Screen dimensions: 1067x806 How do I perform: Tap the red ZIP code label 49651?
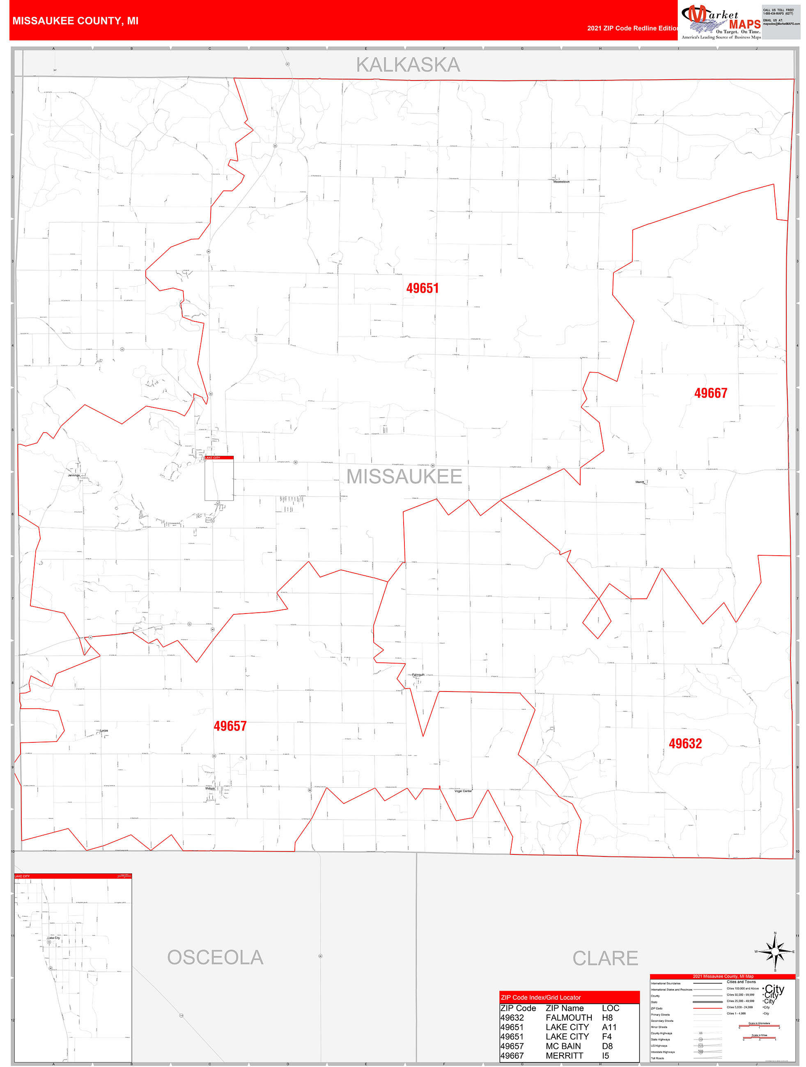tap(423, 288)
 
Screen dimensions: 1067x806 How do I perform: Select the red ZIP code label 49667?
tap(710, 393)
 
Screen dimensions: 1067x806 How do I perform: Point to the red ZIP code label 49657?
tap(230, 726)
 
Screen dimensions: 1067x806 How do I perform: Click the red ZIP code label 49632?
tap(685, 743)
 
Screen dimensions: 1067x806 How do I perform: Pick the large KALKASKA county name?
tap(408, 65)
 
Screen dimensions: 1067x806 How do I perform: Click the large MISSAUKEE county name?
tap(404, 476)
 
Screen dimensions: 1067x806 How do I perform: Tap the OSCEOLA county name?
tap(215, 957)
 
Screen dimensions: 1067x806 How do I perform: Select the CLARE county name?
tap(605, 958)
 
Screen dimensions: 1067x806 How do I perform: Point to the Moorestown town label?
tap(561, 182)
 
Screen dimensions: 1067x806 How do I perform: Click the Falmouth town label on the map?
tap(418, 675)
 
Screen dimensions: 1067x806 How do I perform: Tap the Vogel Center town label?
tap(463, 791)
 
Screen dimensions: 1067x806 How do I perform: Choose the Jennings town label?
tap(74, 475)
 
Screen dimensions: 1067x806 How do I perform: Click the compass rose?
tap(775, 951)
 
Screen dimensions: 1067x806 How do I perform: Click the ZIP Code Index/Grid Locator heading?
tap(541, 998)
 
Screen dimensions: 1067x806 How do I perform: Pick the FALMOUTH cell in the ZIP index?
tap(569, 1017)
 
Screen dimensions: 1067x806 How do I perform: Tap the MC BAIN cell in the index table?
tap(563, 1046)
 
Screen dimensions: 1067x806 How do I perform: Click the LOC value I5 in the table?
tap(605, 1056)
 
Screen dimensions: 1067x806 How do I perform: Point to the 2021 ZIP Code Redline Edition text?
tap(632, 28)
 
